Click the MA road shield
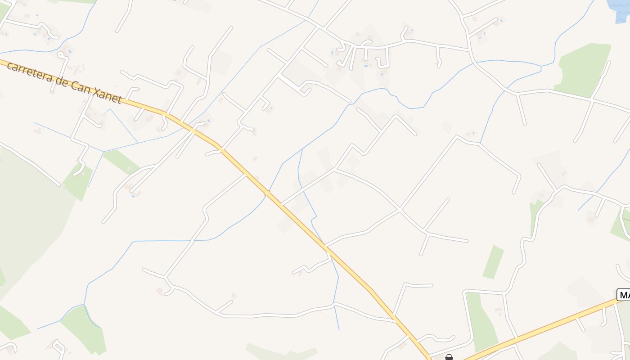click(x=624, y=295)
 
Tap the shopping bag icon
click(x=449, y=357)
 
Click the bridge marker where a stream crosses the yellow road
click(x=267, y=193)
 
